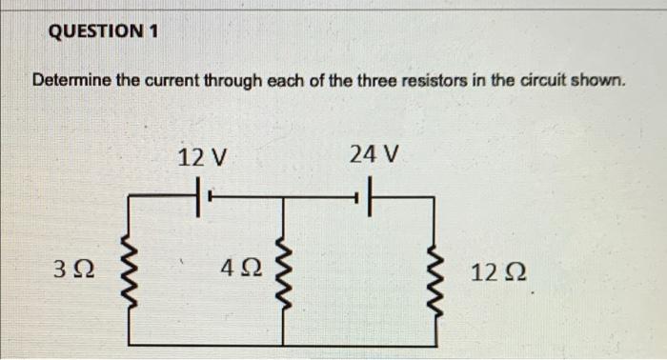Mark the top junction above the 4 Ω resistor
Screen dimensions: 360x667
(x=282, y=200)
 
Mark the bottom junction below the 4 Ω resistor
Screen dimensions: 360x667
(x=282, y=345)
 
